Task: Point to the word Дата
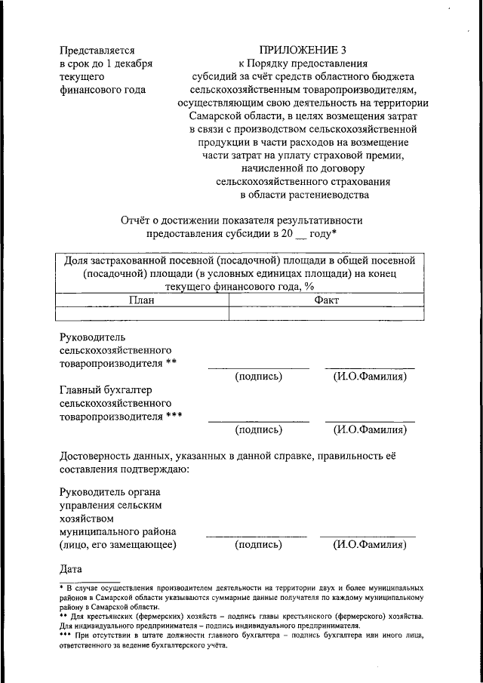pos(72,568)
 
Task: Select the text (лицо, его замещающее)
pos(118,544)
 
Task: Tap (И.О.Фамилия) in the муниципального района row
pos(370,544)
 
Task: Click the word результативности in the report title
pos(310,220)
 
